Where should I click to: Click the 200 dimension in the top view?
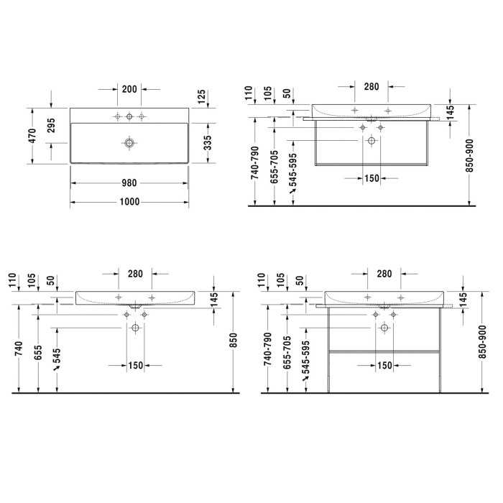click(x=129, y=89)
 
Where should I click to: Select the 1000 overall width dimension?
click(x=129, y=202)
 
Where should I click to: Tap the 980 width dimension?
click(x=129, y=183)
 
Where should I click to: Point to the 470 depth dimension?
click(x=32, y=135)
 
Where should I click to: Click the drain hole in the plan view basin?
click(x=129, y=143)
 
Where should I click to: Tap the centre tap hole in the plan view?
click(x=129, y=116)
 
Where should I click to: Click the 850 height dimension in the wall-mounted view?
click(x=232, y=344)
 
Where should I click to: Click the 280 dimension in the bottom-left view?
click(x=134, y=274)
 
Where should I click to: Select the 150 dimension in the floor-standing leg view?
click(x=384, y=366)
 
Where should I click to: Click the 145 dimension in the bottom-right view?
click(x=463, y=300)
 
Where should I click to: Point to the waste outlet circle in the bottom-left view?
click(x=134, y=328)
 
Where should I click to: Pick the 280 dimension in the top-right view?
click(x=371, y=87)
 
